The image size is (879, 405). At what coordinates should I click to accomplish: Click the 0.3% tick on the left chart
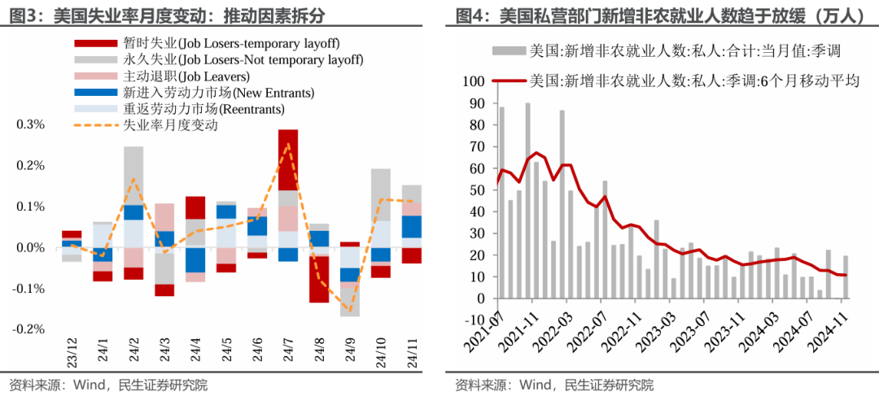click(x=30, y=124)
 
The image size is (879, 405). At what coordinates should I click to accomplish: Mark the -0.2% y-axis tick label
click(x=28, y=329)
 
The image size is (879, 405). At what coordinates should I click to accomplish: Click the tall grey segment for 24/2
click(x=133, y=175)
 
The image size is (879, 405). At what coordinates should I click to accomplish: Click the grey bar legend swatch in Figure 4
click(x=509, y=51)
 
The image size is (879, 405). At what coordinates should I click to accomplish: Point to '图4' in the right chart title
click(x=470, y=15)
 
